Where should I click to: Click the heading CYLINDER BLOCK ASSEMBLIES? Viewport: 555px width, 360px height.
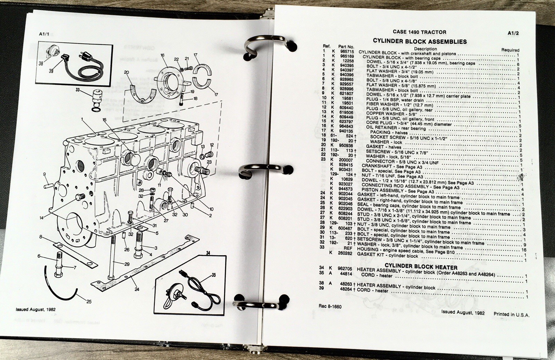click(x=419, y=41)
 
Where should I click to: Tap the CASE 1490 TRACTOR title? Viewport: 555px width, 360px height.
click(x=419, y=32)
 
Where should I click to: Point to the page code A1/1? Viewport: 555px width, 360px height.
click(x=45, y=34)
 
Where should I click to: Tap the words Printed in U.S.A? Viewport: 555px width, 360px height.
click(x=511, y=314)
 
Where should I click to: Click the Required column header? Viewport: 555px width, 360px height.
click(x=510, y=50)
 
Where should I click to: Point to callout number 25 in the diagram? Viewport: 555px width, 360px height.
click(x=89, y=301)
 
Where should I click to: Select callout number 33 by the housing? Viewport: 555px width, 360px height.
click(x=78, y=90)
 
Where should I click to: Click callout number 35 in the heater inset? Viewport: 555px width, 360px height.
click(x=213, y=275)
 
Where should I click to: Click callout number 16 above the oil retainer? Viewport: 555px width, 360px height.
click(x=162, y=55)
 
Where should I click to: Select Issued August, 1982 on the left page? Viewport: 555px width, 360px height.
click(x=35, y=309)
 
